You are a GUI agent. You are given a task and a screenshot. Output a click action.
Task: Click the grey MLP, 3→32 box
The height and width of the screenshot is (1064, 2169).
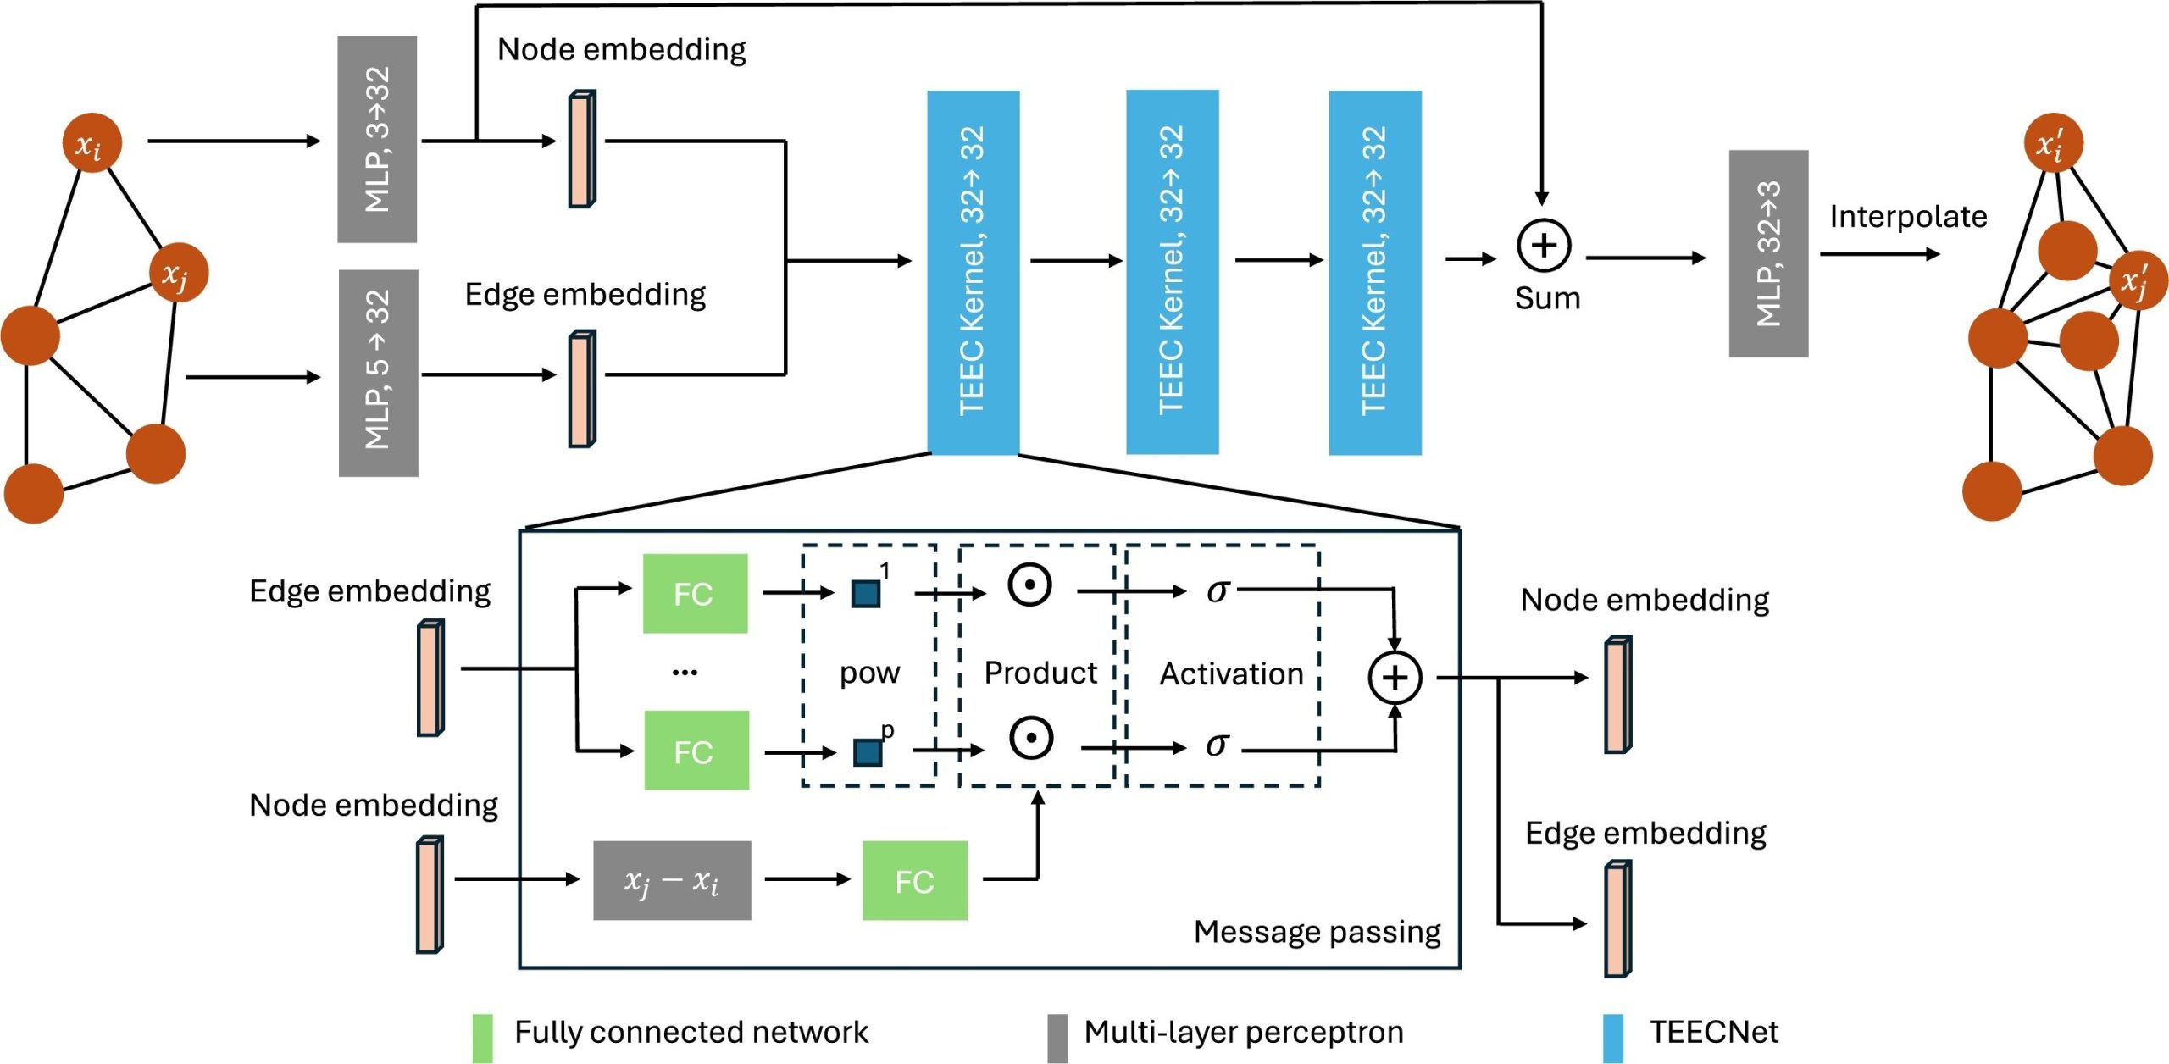(377, 139)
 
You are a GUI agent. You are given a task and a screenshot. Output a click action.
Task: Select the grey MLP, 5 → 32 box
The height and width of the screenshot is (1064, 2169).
(378, 373)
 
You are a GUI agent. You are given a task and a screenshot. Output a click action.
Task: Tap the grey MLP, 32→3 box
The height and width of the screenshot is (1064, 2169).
(1768, 253)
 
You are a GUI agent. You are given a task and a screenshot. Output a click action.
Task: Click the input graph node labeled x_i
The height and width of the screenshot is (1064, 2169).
(92, 142)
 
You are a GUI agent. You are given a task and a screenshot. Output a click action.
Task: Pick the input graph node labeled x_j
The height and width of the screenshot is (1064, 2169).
(178, 273)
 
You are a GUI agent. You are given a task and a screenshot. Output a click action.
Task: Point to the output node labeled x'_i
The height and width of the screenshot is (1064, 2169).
(2052, 142)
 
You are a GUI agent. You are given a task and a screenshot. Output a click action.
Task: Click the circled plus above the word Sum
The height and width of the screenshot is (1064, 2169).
(1543, 246)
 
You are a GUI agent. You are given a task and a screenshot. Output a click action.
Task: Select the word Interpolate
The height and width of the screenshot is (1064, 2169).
(1908, 217)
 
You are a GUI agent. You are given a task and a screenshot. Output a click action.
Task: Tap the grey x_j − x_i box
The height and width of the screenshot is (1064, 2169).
(672, 880)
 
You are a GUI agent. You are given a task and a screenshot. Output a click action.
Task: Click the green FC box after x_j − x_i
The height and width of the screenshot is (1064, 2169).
(914, 881)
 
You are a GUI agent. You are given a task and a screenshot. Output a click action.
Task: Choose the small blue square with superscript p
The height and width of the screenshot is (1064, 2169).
(867, 752)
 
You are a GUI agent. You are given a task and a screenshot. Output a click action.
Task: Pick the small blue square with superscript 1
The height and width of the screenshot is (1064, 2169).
(865, 594)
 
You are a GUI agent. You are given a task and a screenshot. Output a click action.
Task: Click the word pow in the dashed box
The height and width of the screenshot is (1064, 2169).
(869, 673)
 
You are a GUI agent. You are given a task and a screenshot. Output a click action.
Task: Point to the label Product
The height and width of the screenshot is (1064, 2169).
(1040, 673)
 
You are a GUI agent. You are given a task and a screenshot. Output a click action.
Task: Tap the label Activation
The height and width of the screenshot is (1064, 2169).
(1230, 674)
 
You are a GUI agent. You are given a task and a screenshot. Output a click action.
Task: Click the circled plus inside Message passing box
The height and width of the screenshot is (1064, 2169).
(1395, 677)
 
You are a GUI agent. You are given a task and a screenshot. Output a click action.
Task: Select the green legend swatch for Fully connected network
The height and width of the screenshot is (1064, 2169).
(482, 1037)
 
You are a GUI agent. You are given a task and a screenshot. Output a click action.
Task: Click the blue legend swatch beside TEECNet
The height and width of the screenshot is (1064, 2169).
(1613, 1037)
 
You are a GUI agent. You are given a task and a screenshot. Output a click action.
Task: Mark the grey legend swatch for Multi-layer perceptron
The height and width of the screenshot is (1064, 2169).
(1057, 1037)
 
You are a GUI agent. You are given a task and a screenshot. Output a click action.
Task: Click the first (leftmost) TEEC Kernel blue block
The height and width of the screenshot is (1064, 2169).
(973, 272)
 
